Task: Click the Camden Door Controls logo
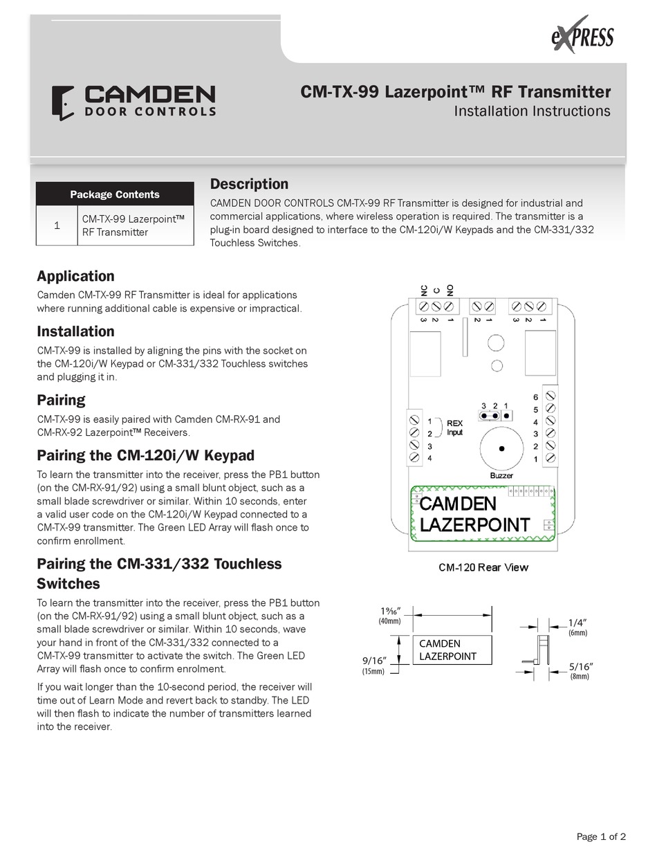(133, 102)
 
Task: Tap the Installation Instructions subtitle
(532, 111)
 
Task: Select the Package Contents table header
(115, 194)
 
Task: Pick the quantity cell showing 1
(57, 226)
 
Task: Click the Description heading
(249, 184)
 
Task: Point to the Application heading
(75, 276)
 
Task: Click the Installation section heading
(75, 331)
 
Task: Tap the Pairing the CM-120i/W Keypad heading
(145, 455)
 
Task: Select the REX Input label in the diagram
(454, 428)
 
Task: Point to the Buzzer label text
(501, 476)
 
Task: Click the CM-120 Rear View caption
(483, 567)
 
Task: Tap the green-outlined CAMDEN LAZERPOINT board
(483, 513)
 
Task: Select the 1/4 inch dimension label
(581, 623)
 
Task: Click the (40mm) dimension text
(389, 621)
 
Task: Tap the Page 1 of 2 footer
(601, 836)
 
